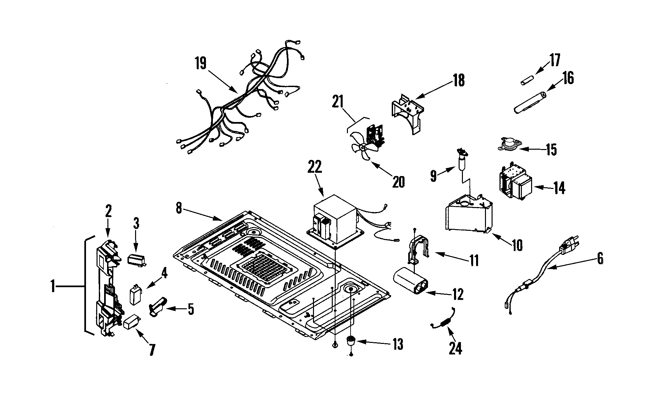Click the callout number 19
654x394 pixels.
(200, 63)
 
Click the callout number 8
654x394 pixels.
(179, 208)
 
